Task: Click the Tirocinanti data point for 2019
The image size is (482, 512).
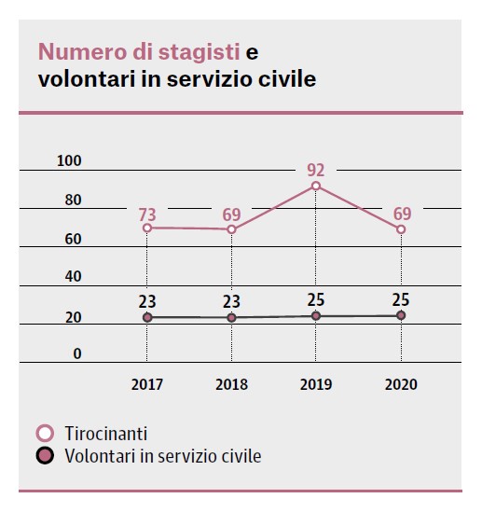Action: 316,187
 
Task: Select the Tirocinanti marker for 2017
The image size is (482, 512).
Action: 147,228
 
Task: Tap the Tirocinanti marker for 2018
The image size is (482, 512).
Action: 231,229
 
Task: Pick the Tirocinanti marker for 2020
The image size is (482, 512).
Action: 401,229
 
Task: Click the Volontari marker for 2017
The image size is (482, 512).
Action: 147,318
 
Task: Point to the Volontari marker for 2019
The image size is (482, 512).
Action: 316,316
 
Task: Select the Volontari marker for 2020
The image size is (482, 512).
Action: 401,316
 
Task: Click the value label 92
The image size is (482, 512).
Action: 316,171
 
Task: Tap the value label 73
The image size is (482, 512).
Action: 147,214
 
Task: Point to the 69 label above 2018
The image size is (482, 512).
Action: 231,215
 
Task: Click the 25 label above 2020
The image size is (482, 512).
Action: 401,299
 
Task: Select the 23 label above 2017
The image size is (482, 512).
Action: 147,301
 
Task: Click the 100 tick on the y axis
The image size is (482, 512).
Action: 69,161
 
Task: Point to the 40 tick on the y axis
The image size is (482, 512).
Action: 73,277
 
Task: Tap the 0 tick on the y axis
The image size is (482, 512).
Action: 77,353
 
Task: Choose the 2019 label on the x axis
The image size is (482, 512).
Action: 316,384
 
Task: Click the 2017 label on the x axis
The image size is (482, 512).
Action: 147,384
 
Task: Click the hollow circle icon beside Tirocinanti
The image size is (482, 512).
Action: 45,435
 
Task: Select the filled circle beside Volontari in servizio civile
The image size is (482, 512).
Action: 45,456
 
